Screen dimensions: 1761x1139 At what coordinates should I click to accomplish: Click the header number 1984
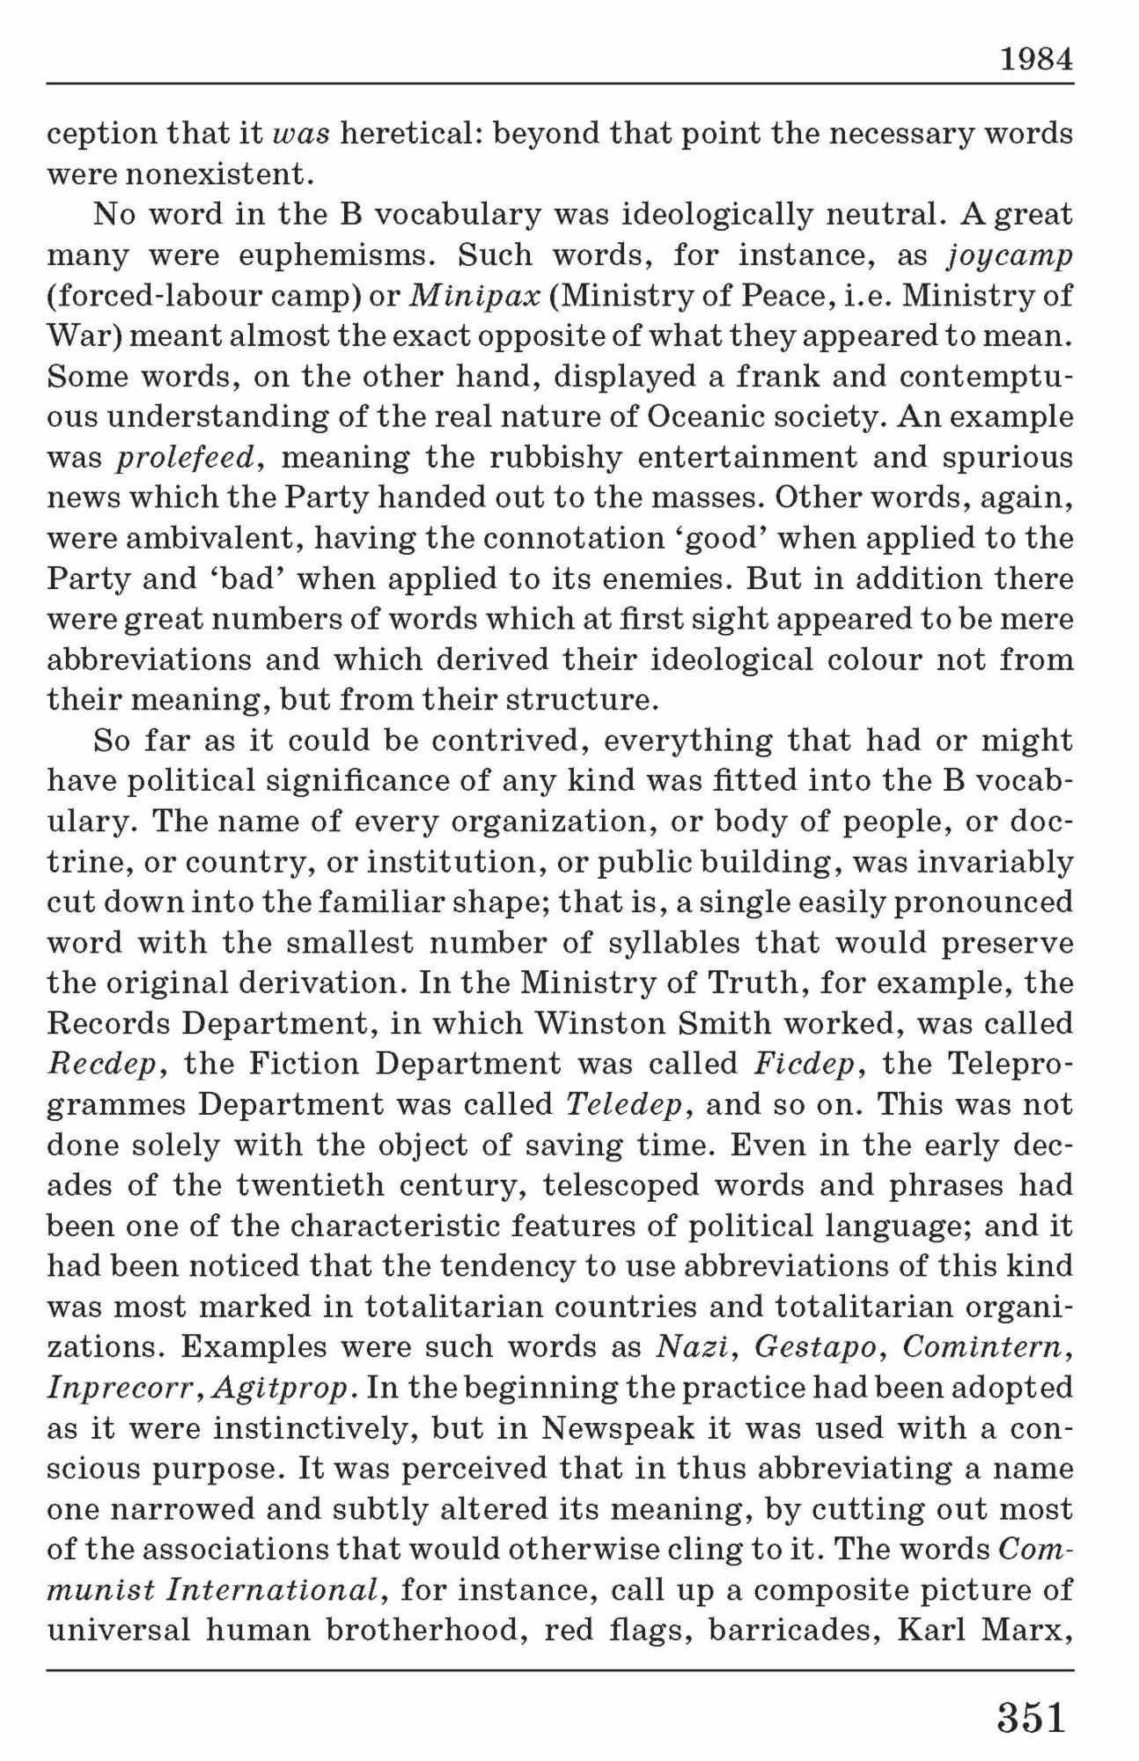point(1036,60)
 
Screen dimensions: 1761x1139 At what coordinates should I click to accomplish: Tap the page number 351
point(1032,1717)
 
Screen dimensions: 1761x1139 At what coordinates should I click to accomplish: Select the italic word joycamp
point(1010,255)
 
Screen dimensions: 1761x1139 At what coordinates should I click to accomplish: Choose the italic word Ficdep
point(805,1064)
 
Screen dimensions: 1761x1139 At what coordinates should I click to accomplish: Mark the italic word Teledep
point(625,1104)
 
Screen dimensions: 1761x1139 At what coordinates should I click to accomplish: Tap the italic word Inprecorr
point(125,1389)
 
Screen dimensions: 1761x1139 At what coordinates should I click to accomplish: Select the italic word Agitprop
point(284,1389)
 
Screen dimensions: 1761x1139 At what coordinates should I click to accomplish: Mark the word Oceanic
point(701,417)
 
